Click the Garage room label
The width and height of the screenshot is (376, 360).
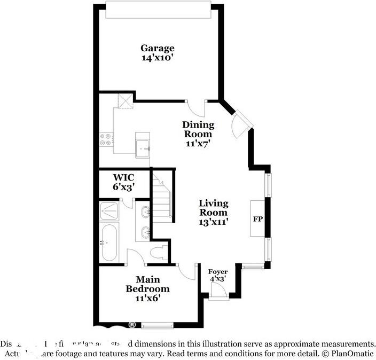[x=157, y=48]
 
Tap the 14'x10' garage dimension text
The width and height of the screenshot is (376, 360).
[x=157, y=58]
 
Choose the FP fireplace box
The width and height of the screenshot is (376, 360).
[x=257, y=219]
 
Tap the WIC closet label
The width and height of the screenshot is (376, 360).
[x=123, y=177]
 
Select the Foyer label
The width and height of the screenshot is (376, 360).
[x=218, y=272]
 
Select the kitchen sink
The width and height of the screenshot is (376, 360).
[x=143, y=147]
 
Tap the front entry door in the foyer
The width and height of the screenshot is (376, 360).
[x=218, y=292]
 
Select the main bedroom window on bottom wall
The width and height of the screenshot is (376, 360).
[x=158, y=325]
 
